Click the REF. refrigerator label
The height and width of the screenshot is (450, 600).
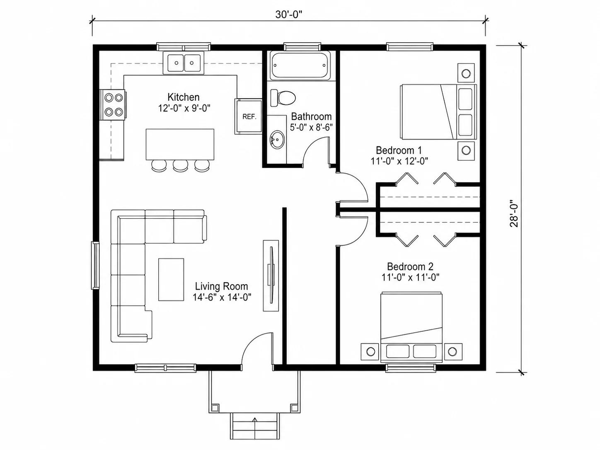pos(249,117)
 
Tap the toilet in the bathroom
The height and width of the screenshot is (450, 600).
pos(283,97)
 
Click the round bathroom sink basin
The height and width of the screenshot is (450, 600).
pos(278,140)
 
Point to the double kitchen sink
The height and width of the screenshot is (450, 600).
pos(184,63)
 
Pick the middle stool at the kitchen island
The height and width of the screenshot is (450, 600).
pos(180,166)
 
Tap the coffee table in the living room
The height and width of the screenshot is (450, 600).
pos(171,280)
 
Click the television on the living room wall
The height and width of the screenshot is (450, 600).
pos(271,276)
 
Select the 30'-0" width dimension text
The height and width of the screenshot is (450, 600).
pos(288,15)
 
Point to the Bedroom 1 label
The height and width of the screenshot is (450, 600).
pos(399,150)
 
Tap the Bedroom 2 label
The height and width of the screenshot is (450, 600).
pos(410,266)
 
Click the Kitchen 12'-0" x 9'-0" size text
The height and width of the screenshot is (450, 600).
pos(184,108)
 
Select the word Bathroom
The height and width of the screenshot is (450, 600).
pos(311,117)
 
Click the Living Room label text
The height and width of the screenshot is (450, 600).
pos(221,287)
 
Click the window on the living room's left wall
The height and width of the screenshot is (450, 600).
pos(95,265)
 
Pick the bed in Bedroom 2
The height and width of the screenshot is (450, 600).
pos(411,327)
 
